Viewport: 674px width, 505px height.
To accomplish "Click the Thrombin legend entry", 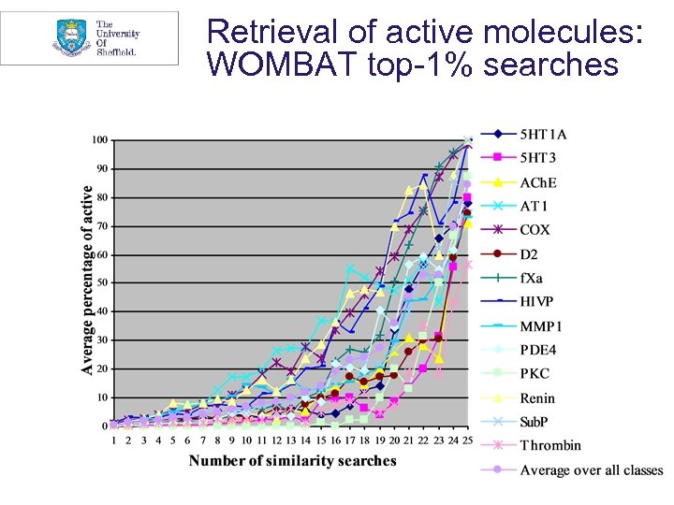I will click(x=550, y=445).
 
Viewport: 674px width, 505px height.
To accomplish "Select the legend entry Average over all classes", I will click(x=591, y=469).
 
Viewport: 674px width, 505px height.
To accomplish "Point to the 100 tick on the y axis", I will click(x=98, y=140).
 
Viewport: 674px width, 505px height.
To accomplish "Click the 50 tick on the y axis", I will click(x=100, y=282).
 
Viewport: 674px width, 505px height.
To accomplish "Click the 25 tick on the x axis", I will click(x=467, y=440).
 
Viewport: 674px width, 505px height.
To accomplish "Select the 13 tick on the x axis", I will click(x=290, y=440).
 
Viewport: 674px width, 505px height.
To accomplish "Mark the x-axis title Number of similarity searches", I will click(x=292, y=460).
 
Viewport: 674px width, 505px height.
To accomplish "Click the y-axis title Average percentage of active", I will click(x=88, y=281).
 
